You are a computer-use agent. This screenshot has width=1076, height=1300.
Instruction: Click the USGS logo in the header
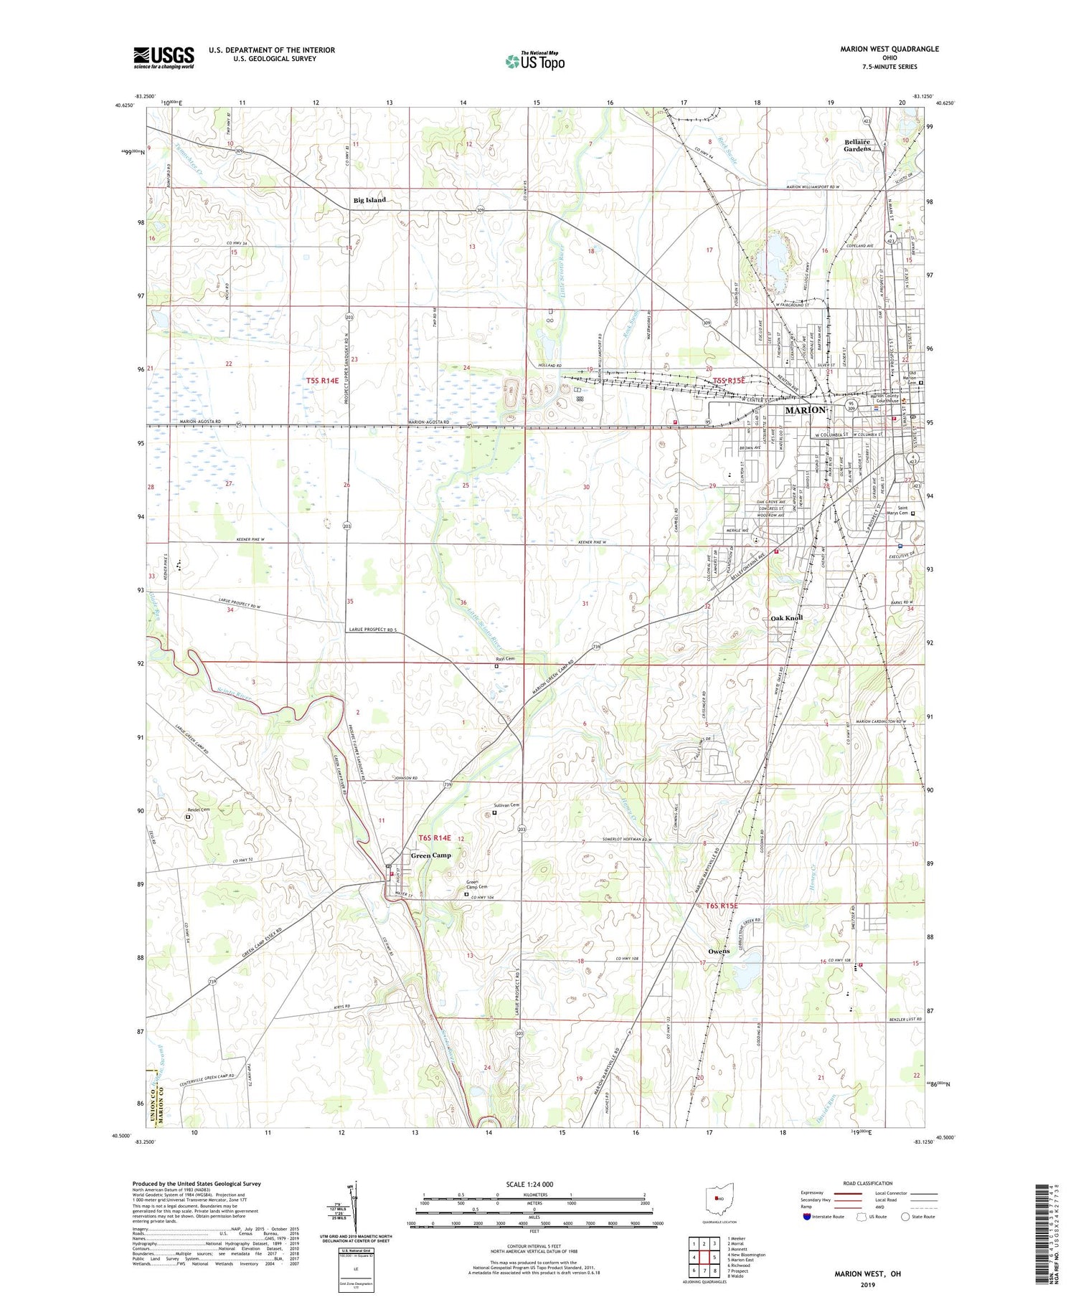coord(164,57)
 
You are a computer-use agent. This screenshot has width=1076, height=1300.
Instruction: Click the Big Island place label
coord(369,200)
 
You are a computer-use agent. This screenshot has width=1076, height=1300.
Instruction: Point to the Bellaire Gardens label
coord(857,145)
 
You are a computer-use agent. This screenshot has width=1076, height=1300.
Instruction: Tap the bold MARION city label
coord(806,409)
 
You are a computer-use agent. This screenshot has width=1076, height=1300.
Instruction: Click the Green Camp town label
coord(430,855)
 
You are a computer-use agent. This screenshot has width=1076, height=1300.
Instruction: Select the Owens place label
coord(718,951)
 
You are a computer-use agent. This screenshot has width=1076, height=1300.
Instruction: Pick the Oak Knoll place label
coord(786,617)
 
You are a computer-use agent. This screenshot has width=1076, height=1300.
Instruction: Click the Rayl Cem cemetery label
coord(505,658)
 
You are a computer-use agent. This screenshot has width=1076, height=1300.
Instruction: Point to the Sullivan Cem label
coord(506,805)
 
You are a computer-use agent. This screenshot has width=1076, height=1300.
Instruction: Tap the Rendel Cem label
coord(199,810)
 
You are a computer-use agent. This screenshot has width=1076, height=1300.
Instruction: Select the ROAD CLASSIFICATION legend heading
coord(868,1183)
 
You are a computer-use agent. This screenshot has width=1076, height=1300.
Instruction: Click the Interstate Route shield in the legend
coord(806,1217)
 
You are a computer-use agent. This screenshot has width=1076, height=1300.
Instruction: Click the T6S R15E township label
coord(721,906)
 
